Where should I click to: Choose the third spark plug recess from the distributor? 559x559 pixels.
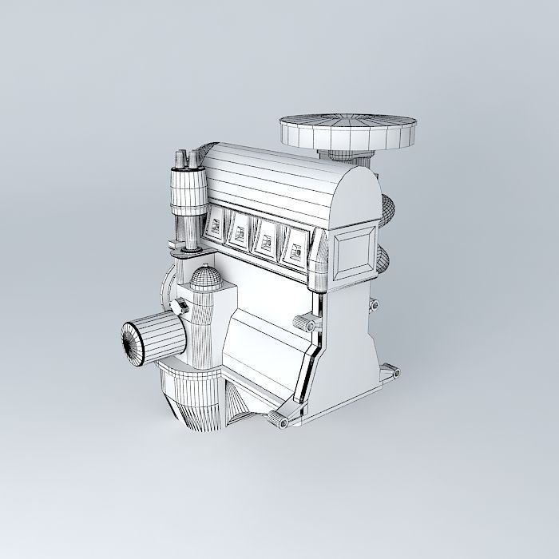click(x=266, y=238)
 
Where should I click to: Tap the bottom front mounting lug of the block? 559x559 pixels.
click(x=282, y=420)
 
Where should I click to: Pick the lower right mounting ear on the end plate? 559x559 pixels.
click(x=389, y=371)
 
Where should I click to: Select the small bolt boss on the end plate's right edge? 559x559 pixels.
click(x=372, y=304)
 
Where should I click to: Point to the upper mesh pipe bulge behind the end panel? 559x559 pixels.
click(x=386, y=211)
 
